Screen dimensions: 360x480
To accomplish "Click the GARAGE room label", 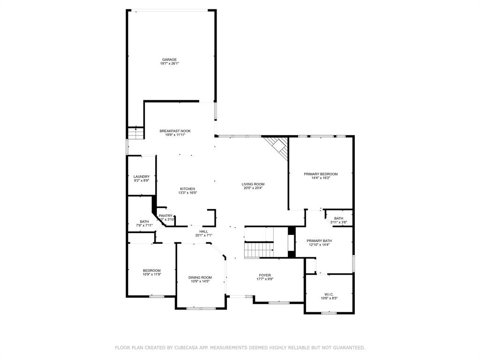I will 169,60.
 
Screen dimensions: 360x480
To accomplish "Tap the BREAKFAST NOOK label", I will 175,131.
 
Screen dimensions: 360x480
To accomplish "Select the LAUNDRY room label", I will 141,177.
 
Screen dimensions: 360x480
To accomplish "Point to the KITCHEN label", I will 187,189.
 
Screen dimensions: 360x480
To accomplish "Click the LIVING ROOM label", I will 253,184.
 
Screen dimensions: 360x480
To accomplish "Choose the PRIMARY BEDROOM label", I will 321,174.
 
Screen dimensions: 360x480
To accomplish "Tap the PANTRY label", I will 165,216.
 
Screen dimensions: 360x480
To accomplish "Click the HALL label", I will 203,232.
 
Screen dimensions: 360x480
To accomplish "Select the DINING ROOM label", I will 200,277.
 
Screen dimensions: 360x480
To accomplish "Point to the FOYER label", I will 265,275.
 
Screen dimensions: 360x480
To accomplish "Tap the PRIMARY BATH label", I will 319,241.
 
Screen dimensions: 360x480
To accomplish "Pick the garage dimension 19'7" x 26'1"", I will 169,63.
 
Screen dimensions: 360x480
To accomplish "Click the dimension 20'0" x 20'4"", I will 253,188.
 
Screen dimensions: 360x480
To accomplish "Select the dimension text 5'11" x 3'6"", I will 338,222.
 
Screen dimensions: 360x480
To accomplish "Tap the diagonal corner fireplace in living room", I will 277,146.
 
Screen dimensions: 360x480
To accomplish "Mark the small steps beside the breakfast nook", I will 135,133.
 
